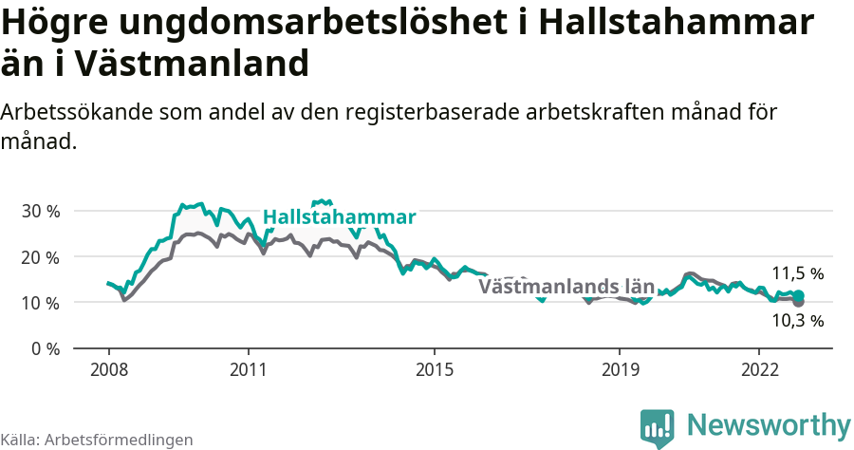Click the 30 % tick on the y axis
coord(40,211)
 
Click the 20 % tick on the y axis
coord(40,256)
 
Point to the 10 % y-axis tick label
coord(40,302)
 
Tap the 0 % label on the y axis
coord(45,348)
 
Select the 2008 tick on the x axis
coord(108,368)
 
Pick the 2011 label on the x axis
coord(248,368)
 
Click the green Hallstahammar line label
coord(339,217)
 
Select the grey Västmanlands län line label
coord(566,286)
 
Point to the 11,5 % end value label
coord(797,274)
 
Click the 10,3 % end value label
coord(797,321)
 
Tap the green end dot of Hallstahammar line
coord(799,295)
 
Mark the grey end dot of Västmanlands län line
coord(799,302)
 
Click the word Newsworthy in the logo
coord(769,424)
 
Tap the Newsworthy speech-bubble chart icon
coord(657,427)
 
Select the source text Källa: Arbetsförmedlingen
coord(97,440)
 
